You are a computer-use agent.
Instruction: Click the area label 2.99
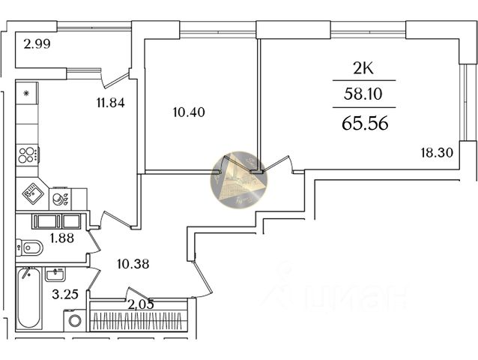coord(37,43)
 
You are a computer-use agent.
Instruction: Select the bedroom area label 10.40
coord(188,112)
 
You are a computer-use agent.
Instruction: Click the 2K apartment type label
coord(363,69)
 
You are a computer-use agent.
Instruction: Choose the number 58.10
coord(363,97)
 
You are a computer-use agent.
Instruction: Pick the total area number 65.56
coord(364,124)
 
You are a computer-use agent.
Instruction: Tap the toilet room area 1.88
coord(61,238)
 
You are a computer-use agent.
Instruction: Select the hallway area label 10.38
coord(134,263)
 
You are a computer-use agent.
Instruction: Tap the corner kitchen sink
coord(31,194)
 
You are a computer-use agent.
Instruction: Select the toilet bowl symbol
coord(28,246)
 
